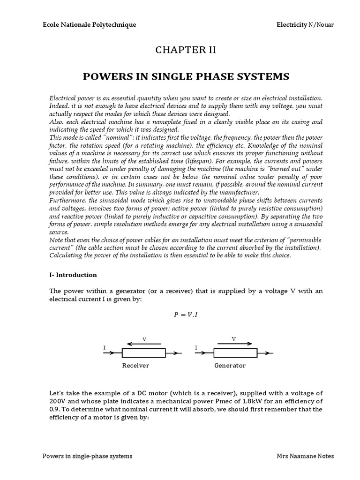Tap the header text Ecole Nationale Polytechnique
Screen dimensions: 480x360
click(89, 24)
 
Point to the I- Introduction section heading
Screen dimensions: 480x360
click(73, 275)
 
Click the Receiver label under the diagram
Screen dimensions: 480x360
click(135, 366)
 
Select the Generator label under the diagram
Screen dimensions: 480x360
click(230, 366)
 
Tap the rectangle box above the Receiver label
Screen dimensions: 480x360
click(143, 353)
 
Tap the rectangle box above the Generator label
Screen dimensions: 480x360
click(235, 353)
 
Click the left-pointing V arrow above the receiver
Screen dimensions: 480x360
click(144, 344)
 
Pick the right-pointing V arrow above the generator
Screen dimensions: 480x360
click(234, 343)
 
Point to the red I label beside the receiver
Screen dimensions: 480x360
click(105, 347)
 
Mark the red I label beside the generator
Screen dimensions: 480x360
click(195, 347)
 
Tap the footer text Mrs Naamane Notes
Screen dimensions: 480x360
click(306, 456)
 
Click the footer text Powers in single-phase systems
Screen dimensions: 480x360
click(87, 456)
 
